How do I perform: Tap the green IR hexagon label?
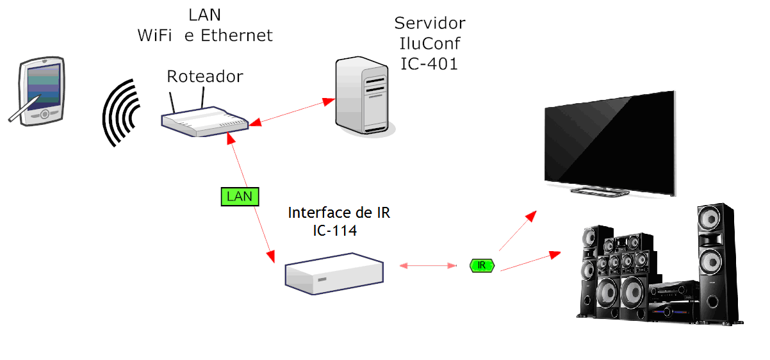(482, 265)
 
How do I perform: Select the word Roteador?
(205, 77)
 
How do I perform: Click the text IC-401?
(429, 63)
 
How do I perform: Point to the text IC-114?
(335, 231)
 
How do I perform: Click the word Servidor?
(429, 24)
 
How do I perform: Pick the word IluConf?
(429, 44)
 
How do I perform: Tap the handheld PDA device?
(42, 90)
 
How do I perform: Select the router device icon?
(203, 122)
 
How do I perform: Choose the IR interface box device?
(334, 274)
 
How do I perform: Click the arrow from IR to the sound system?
(529, 261)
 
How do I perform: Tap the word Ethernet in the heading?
(237, 35)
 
